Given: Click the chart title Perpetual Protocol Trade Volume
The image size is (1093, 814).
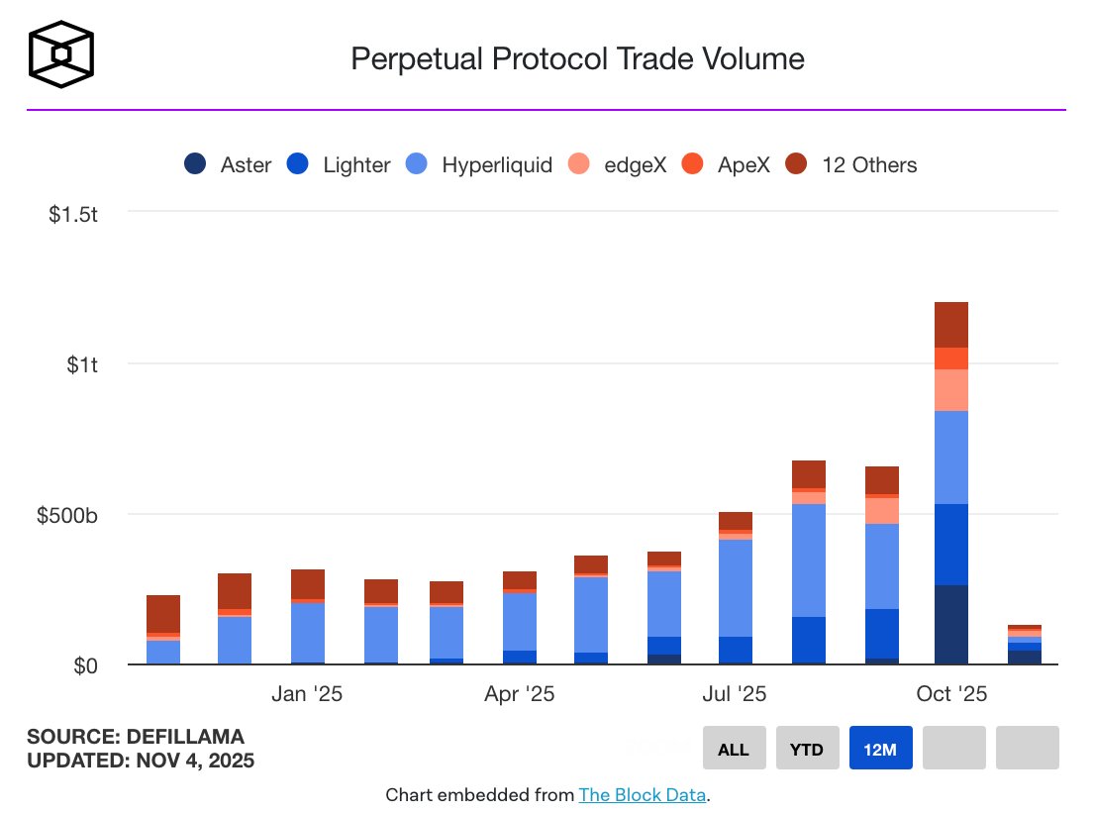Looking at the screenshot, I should (577, 58).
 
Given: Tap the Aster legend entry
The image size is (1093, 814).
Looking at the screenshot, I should (228, 164).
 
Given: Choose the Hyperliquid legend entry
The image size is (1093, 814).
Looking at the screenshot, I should (479, 164).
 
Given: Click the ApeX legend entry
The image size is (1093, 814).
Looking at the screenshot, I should (729, 164).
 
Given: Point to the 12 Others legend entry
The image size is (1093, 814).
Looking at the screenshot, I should (851, 164).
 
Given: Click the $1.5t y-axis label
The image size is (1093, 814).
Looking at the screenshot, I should (73, 214).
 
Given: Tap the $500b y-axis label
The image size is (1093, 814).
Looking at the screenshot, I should (67, 515).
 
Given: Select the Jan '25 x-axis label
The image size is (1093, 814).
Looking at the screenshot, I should (307, 693).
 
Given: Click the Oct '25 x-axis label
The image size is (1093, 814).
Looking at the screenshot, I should (951, 693).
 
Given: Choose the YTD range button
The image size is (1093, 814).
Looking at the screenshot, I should (807, 749).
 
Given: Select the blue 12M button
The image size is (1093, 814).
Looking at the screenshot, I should (880, 749).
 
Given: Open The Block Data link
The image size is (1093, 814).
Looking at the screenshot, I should (643, 794).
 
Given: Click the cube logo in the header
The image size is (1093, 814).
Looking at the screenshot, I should (61, 53).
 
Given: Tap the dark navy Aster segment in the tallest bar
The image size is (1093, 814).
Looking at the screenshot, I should (951, 624).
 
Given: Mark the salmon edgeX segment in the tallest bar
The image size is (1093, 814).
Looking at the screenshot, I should (951, 390).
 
